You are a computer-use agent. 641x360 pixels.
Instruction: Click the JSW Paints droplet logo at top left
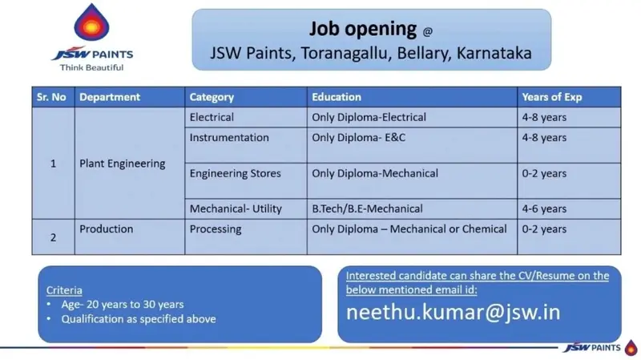91,22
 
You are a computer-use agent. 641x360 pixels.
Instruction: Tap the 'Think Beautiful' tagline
91,67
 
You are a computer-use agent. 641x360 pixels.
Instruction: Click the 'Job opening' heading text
363,29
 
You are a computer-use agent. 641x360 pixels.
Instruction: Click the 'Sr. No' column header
51,97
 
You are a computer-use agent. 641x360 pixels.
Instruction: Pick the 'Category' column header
212,97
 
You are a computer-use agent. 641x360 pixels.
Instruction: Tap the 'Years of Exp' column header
552,97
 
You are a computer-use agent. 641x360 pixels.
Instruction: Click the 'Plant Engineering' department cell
123,164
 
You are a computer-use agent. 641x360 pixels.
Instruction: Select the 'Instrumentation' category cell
229,137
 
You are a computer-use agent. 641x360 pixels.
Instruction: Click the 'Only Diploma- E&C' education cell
358,137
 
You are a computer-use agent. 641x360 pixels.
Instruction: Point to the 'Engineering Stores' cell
235,173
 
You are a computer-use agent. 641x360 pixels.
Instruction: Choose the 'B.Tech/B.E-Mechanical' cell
367,208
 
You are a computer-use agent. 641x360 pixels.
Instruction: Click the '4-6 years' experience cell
544,208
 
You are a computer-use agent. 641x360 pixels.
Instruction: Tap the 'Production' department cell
107,229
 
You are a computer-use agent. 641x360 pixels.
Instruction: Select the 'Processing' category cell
216,229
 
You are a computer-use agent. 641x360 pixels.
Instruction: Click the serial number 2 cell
53,237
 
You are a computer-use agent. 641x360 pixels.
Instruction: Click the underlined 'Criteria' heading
64,290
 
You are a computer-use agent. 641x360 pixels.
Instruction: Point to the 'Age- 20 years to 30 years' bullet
123,305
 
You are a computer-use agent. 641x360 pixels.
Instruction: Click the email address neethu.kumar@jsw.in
453,312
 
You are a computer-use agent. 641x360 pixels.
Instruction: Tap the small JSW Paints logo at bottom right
599,348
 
